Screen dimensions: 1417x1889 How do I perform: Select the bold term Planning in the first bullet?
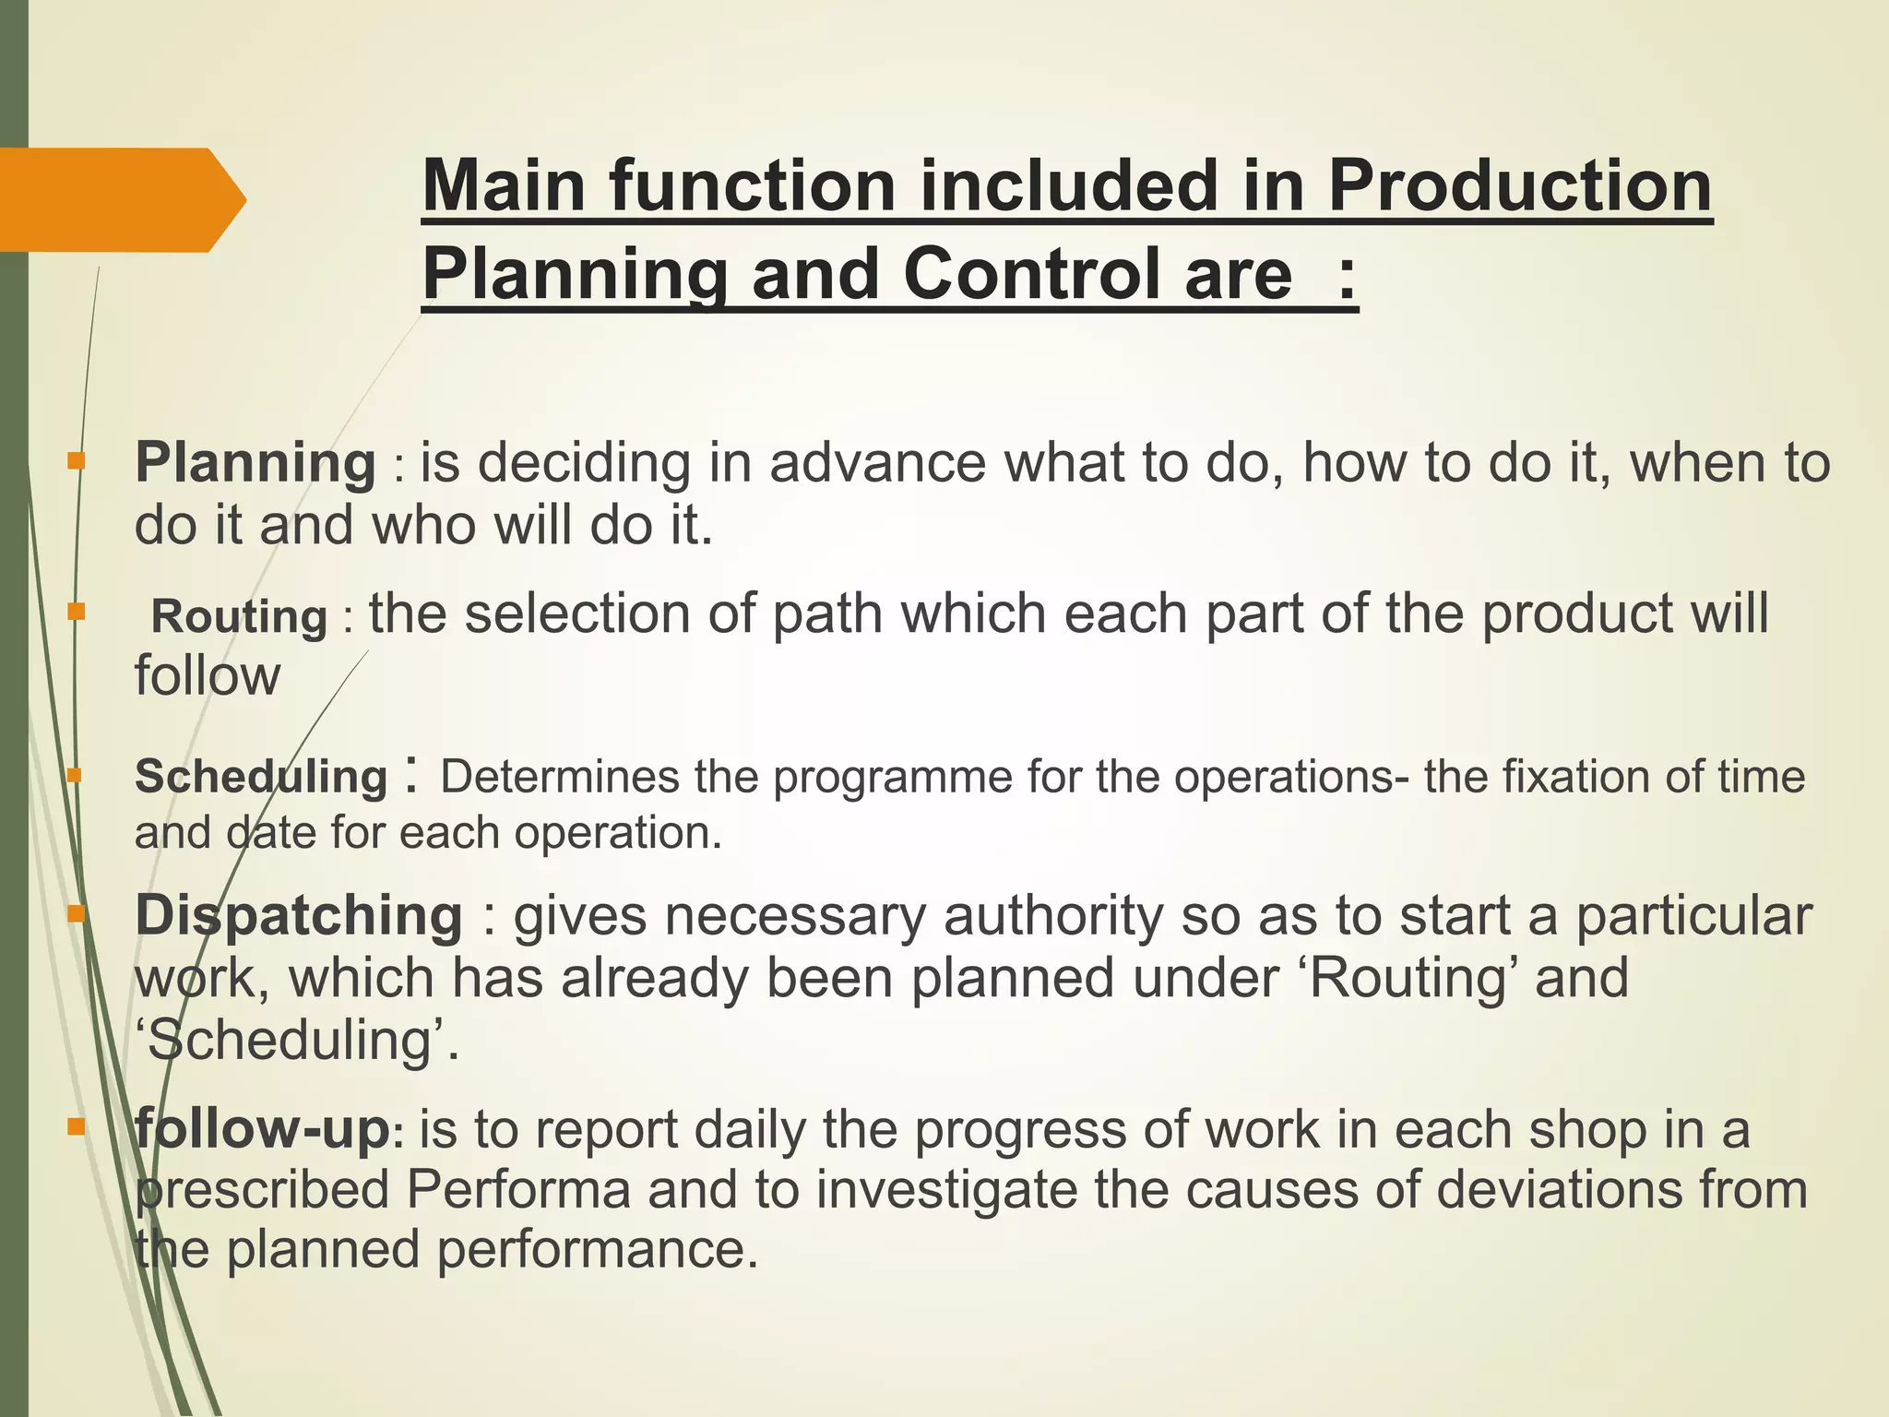click(x=255, y=463)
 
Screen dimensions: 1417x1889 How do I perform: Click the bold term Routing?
click(x=239, y=617)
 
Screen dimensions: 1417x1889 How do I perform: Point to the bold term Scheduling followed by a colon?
click(x=261, y=776)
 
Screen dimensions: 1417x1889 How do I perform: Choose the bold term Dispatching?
click(x=299, y=916)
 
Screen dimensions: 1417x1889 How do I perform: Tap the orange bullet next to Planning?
click(x=77, y=459)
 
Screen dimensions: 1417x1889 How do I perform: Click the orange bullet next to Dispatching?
click(x=77, y=914)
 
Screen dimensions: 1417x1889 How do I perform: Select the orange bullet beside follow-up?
click(x=77, y=1126)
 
